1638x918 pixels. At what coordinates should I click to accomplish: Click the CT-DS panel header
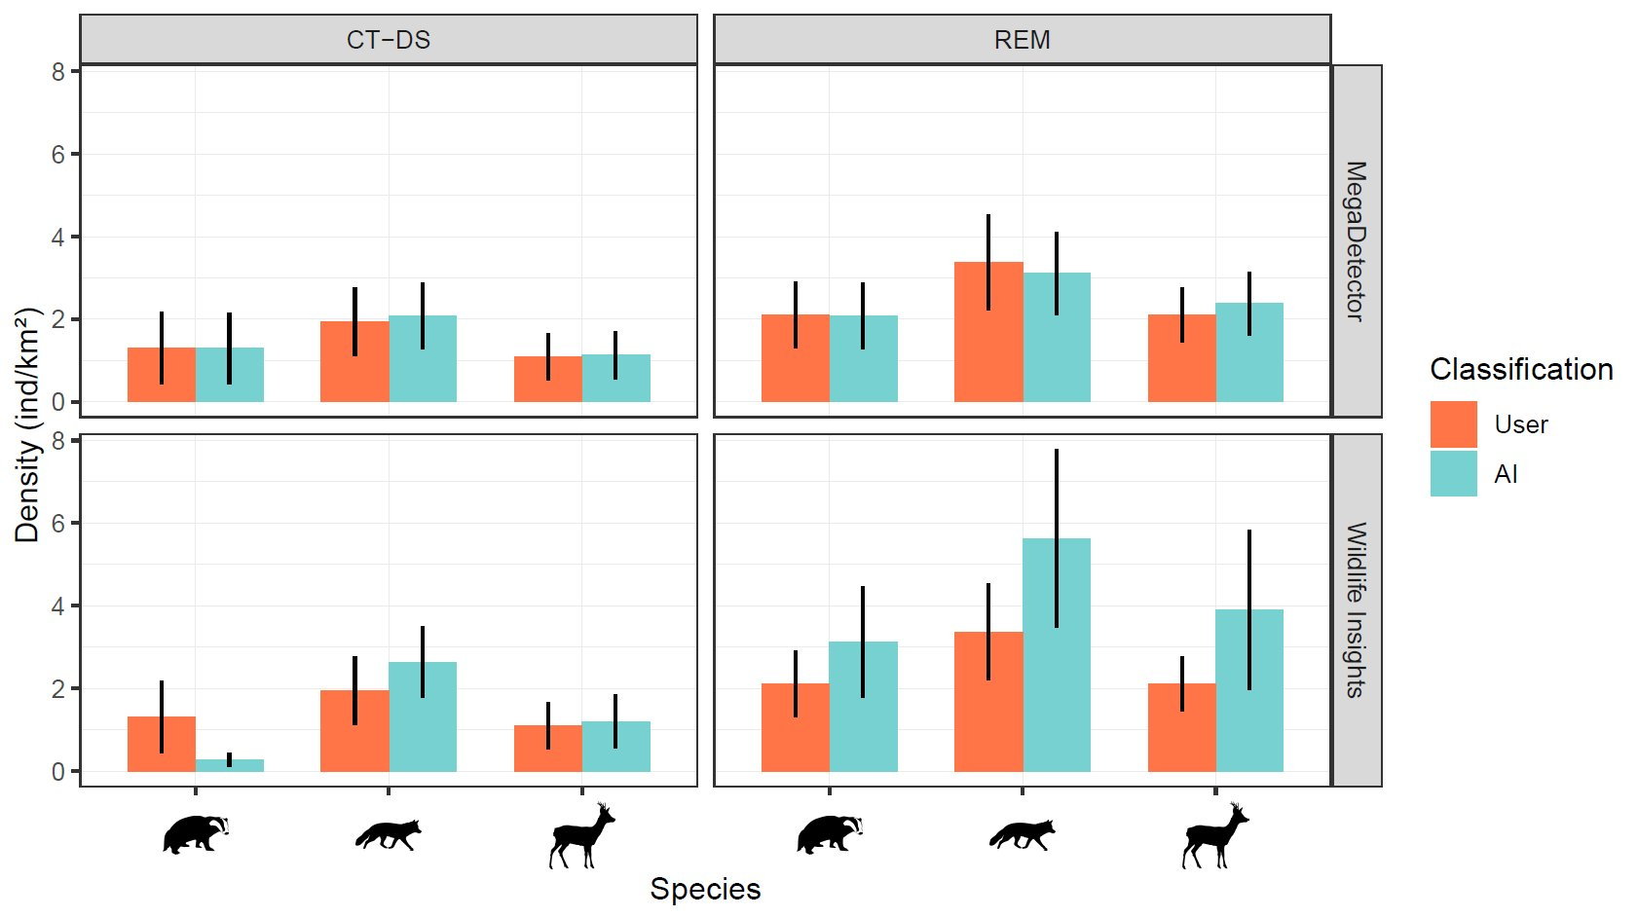389,40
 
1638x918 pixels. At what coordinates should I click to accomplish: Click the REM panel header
1022,40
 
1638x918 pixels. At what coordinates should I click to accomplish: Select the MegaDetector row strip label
1356,240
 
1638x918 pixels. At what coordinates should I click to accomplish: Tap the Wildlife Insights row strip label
1356,609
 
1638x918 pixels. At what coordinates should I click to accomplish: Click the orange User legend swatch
1453,424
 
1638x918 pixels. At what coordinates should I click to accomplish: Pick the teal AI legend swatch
1453,474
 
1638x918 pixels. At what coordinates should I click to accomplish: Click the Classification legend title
1520,370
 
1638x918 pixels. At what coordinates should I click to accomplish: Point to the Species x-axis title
705,889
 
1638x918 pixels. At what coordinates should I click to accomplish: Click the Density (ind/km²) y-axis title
27,424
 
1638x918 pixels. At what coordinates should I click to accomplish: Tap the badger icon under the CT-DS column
196,834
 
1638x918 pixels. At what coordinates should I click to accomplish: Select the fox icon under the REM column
1022,834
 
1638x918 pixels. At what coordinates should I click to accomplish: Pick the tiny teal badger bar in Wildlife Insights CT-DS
230,765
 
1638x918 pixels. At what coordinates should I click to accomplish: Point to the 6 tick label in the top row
58,155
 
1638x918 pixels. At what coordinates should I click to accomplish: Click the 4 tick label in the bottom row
58,606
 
